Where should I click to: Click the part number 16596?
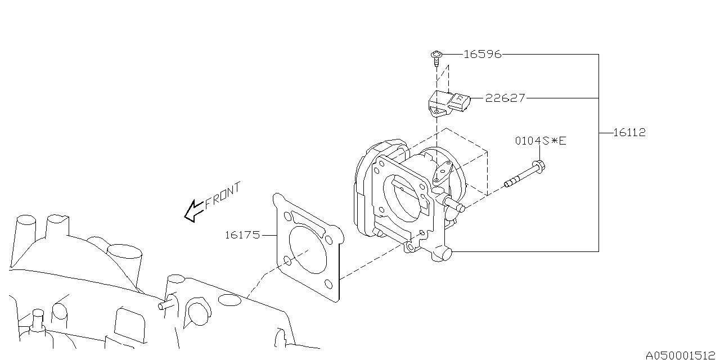(x=483, y=55)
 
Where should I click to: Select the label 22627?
(x=505, y=98)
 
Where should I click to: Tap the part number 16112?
(x=629, y=132)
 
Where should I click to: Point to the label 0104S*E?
(x=541, y=141)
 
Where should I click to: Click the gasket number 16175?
(x=242, y=235)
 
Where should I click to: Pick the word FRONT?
(x=223, y=196)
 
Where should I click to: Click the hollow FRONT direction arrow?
(x=194, y=211)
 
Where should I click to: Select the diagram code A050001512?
(x=681, y=355)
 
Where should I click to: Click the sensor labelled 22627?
(x=449, y=103)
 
